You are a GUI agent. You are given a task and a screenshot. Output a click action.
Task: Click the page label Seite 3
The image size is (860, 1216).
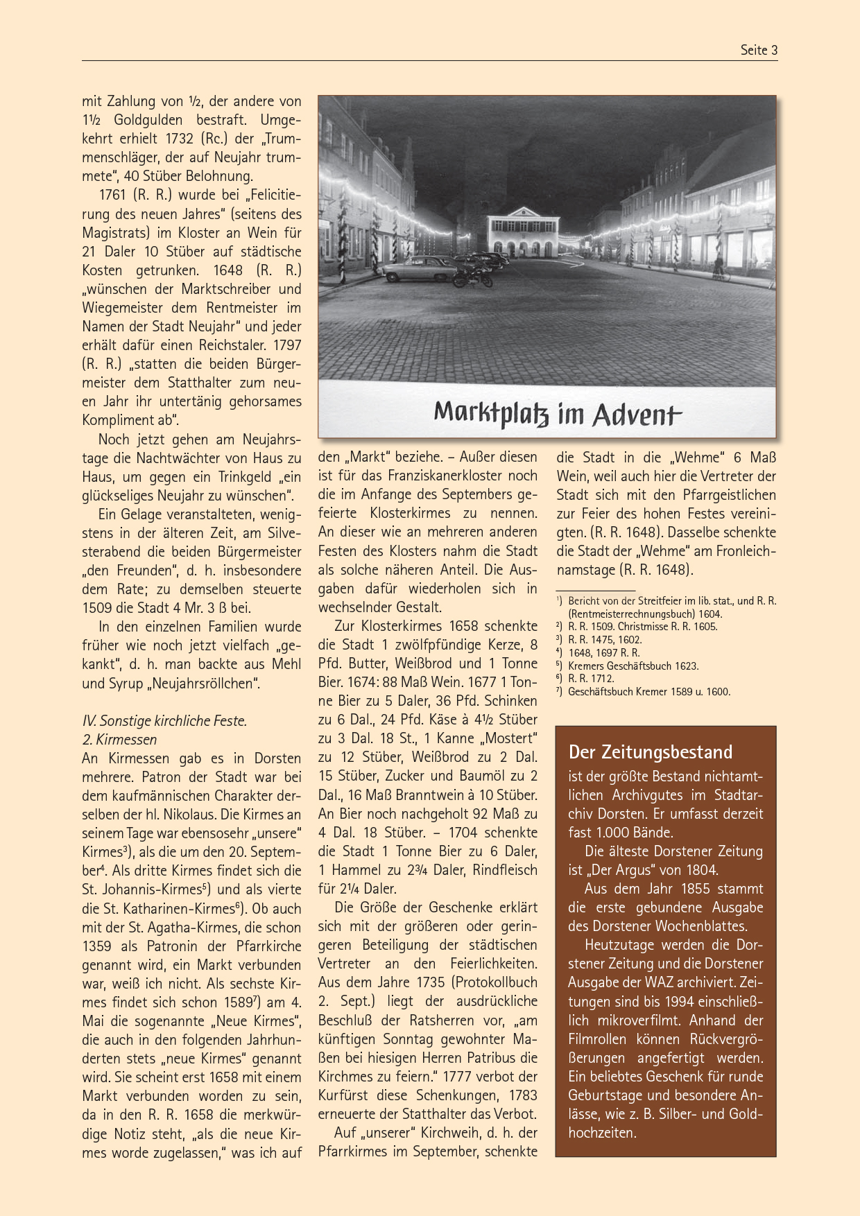pos(759,50)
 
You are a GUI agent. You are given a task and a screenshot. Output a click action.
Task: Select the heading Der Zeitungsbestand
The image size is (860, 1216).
pos(650,752)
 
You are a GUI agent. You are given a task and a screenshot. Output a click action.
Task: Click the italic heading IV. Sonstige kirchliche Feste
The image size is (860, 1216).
pos(164,720)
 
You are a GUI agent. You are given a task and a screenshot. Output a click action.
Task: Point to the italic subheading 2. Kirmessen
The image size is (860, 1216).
pos(119,739)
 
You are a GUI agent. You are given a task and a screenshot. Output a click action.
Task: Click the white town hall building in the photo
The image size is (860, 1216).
pos(523,232)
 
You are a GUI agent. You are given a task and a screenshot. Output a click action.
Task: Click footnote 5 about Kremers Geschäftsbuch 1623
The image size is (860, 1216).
pos(633,666)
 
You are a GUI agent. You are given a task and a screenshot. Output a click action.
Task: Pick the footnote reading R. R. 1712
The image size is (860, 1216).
pos(590,679)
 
